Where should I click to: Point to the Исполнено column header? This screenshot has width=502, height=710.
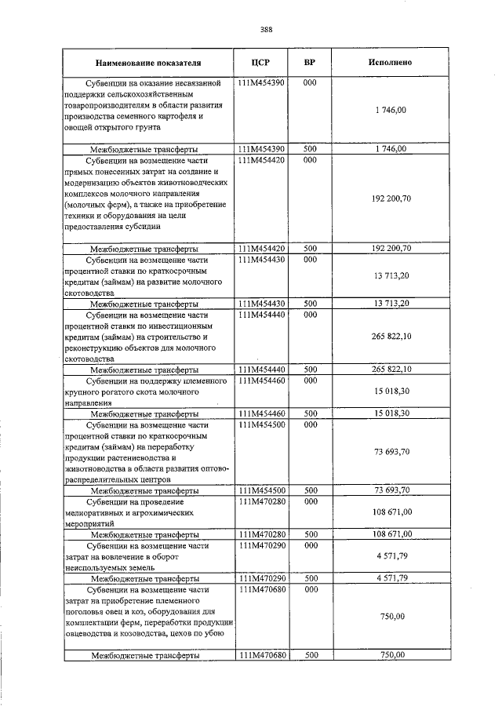click(x=390, y=62)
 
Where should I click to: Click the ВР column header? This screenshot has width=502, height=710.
click(x=310, y=62)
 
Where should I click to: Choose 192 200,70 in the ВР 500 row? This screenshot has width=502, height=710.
click(x=390, y=249)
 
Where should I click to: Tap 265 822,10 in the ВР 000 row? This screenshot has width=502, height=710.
click(x=390, y=336)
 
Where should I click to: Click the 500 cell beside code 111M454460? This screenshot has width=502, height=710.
click(x=310, y=413)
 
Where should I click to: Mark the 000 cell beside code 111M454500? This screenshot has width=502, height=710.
click(x=310, y=424)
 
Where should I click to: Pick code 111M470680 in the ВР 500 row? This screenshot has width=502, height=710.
click(x=263, y=654)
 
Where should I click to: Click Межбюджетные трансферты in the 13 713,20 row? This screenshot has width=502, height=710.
click(x=144, y=304)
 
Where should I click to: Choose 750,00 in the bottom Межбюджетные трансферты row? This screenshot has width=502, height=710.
click(x=390, y=654)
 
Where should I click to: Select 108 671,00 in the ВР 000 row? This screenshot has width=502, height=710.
click(x=390, y=511)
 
